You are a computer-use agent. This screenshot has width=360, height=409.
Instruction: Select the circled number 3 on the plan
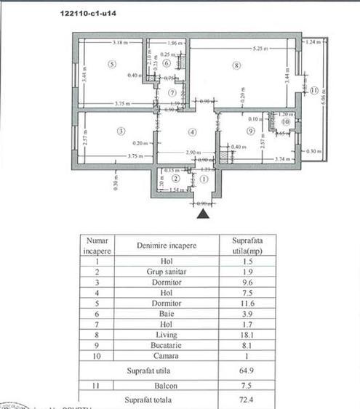[121, 131]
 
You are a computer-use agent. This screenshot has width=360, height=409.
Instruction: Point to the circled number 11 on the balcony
[313, 91]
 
